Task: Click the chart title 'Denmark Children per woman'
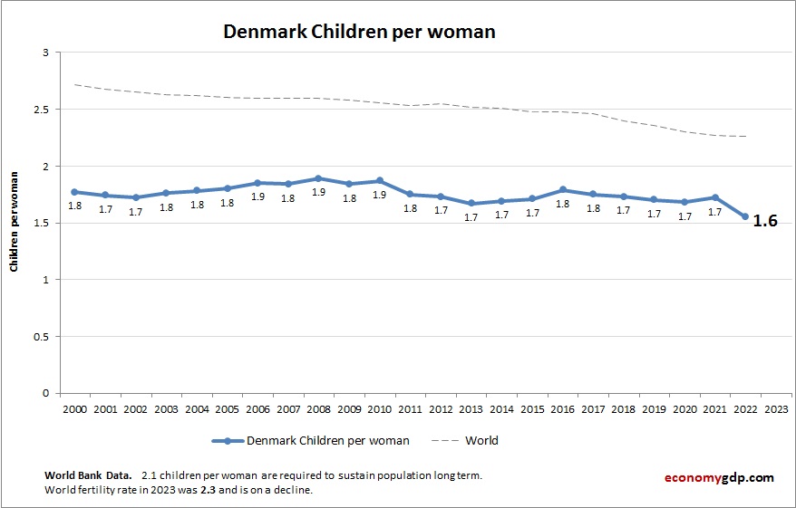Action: (360, 32)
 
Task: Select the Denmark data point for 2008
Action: (318, 178)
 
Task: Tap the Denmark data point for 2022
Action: (745, 216)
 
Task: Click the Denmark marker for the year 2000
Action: (74, 192)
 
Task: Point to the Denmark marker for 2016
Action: (563, 190)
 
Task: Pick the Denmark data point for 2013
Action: (471, 204)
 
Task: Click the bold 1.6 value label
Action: (766, 221)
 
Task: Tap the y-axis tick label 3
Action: (45, 53)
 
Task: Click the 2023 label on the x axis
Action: (776, 408)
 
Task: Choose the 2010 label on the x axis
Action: (379, 408)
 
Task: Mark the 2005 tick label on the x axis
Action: (227, 408)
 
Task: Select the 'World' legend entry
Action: (481, 441)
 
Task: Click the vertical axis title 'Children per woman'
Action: (15, 224)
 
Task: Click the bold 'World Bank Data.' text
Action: (88, 475)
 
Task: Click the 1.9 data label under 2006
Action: (257, 196)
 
